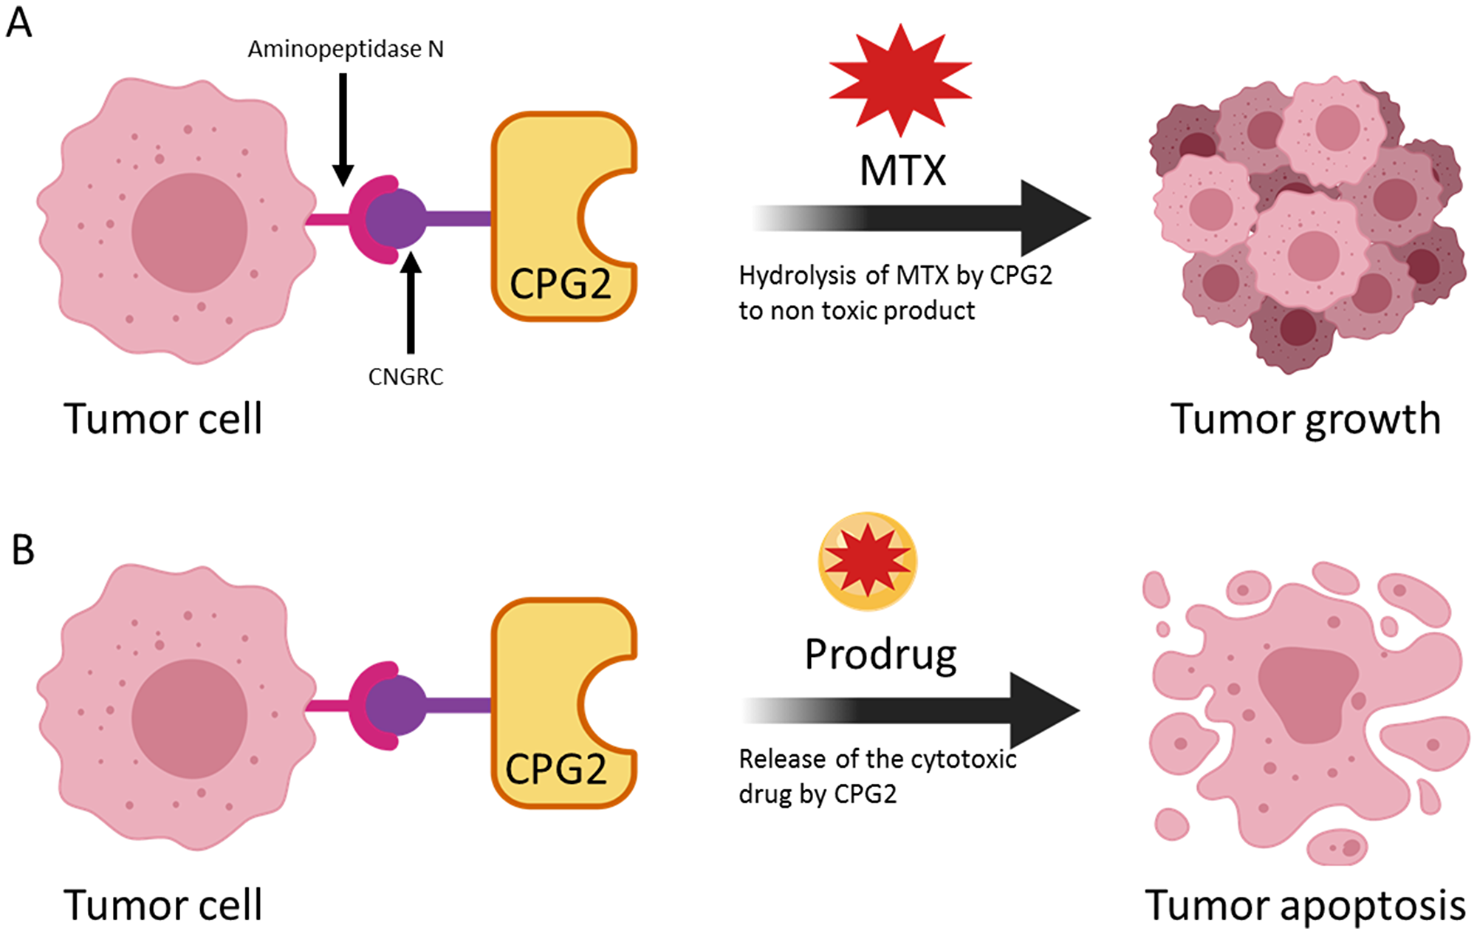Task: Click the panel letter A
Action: click(x=19, y=22)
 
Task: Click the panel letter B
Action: click(x=23, y=550)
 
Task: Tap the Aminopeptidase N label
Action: click(x=346, y=50)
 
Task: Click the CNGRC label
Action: click(x=405, y=377)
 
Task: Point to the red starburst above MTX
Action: click(x=900, y=80)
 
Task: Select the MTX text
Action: click(x=902, y=171)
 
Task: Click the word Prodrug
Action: click(x=880, y=655)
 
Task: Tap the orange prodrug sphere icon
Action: click(x=868, y=562)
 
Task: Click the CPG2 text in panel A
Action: click(x=561, y=284)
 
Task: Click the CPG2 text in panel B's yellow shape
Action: click(x=556, y=769)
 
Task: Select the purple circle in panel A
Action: click(x=396, y=218)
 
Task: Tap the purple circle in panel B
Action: click(x=396, y=706)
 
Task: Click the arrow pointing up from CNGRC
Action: click(x=411, y=303)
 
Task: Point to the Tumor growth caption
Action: click(x=1305, y=419)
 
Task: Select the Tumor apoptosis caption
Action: click(x=1305, y=905)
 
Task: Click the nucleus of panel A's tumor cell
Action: click(x=189, y=232)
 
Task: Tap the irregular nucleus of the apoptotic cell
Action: click(x=1306, y=691)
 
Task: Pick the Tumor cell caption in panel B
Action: click(x=162, y=905)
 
